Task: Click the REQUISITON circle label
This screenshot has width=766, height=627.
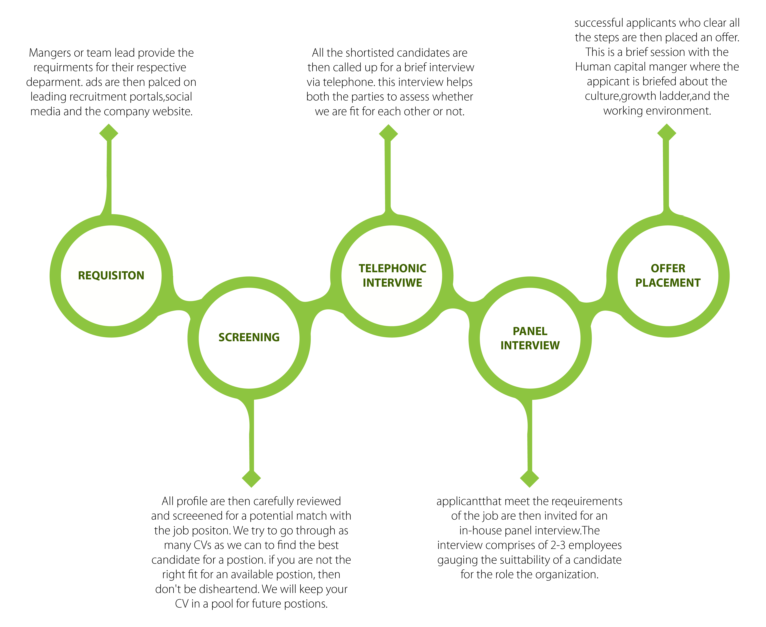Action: pos(111,276)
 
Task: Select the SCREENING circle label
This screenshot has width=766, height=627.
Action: pos(249,337)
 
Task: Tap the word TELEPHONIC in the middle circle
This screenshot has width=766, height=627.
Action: pos(392,268)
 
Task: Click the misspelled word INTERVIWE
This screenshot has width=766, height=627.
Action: pos(392,283)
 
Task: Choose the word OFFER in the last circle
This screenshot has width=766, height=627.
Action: pos(668,268)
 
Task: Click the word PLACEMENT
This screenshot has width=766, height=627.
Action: pos(668,283)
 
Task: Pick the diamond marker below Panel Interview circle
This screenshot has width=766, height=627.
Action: pos(529,479)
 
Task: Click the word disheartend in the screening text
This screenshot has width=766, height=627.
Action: pos(228,589)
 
